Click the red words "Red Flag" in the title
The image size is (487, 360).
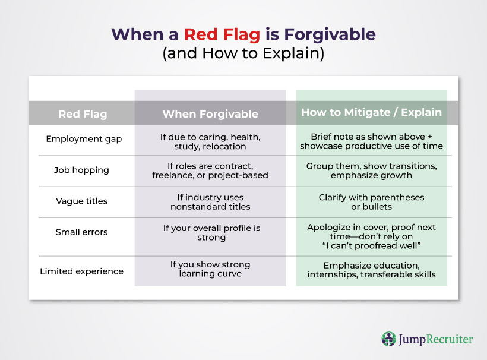(222, 35)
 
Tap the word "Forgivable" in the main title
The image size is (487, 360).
(330, 34)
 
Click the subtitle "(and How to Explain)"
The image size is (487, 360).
(243, 53)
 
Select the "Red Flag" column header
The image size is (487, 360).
(83, 114)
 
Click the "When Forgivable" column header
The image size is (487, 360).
(210, 114)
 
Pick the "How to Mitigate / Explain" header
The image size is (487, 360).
(371, 112)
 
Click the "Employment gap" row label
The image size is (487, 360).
(84, 139)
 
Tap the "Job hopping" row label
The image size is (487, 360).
(81, 170)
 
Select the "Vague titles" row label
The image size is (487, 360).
(82, 201)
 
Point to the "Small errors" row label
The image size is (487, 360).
(82, 232)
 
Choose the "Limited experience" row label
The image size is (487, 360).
(82, 271)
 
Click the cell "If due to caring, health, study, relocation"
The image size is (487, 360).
(210, 141)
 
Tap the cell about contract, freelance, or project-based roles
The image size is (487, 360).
(210, 171)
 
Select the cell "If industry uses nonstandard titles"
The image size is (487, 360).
(210, 202)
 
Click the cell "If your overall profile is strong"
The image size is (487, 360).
(211, 233)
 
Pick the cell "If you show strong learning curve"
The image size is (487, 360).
(210, 269)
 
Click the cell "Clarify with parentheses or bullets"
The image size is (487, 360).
(371, 202)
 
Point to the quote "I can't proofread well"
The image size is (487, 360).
(371, 246)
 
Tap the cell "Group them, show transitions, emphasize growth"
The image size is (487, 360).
(371, 171)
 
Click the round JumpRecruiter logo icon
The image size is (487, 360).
(389, 339)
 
